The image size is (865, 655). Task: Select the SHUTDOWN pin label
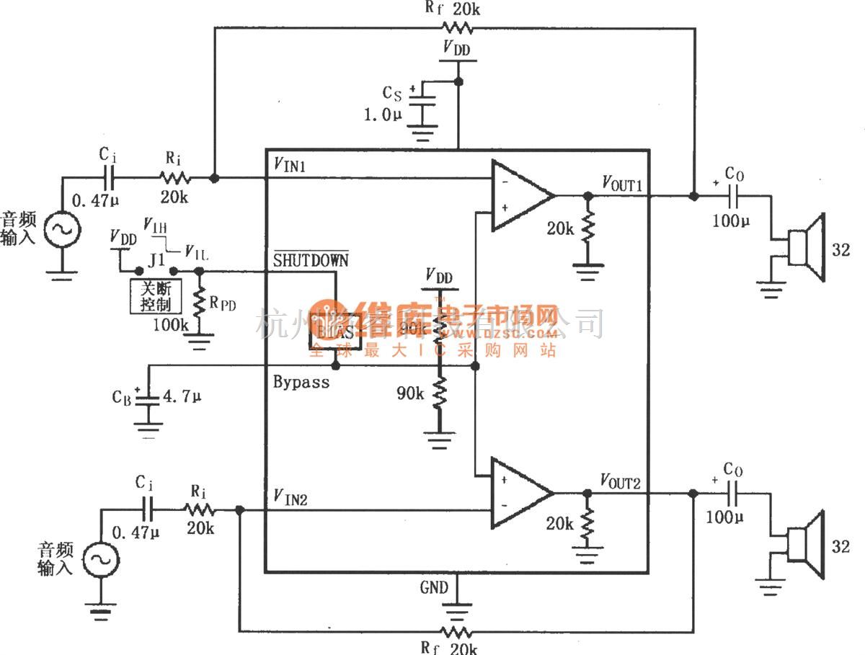click(x=310, y=260)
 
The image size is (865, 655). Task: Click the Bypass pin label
click(x=301, y=382)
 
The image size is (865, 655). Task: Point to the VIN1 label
click(x=291, y=166)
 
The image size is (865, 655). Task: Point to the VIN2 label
click(x=291, y=496)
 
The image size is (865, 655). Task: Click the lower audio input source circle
click(x=99, y=559)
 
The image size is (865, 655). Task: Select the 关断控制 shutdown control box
click(x=155, y=295)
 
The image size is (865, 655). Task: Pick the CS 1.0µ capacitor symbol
click(x=425, y=105)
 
